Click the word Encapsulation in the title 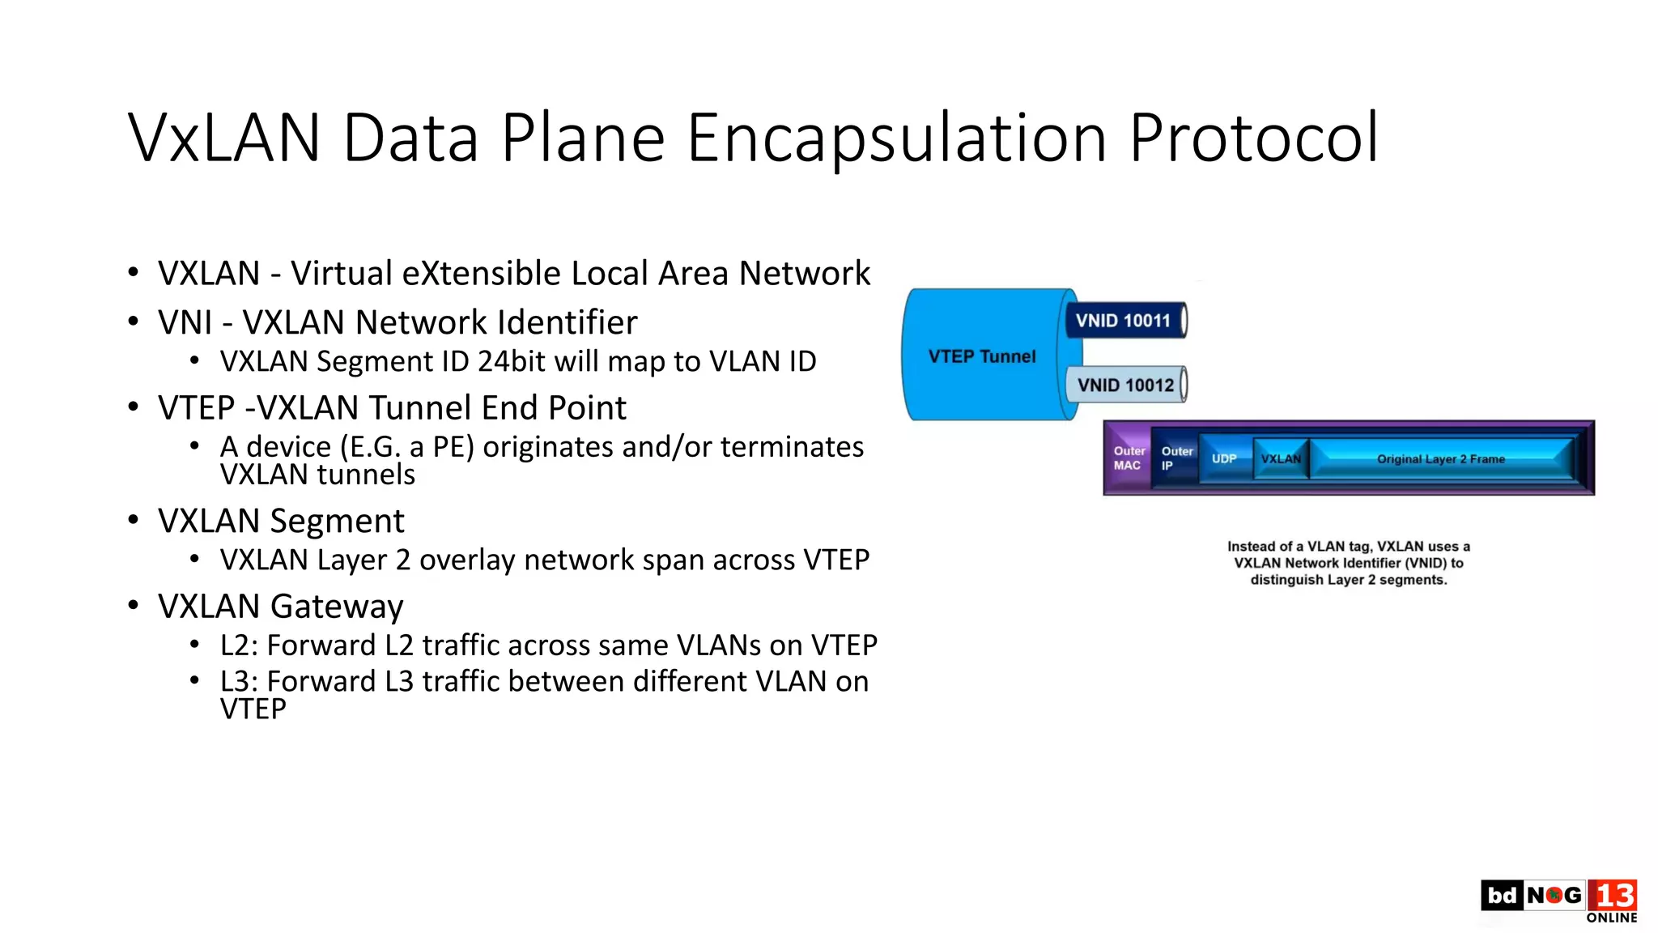click(x=896, y=138)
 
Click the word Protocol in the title click(x=1253, y=138)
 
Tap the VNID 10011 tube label click(x=1123, y=321)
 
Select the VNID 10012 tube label click(x=1125, y=385)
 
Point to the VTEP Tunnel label click(x=981, y=356)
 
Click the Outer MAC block click(x=1128, y=458)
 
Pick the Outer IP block click(x=1175, y=458)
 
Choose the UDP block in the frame click(x=1224, y=458)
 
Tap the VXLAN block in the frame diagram click(x=1280, y=458)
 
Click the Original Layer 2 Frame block click(x=1440, y=458)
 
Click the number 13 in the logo click(x=1614, y=896)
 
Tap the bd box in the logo click(x=1502, y=896)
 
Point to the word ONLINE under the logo click(x=1611, y=918)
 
